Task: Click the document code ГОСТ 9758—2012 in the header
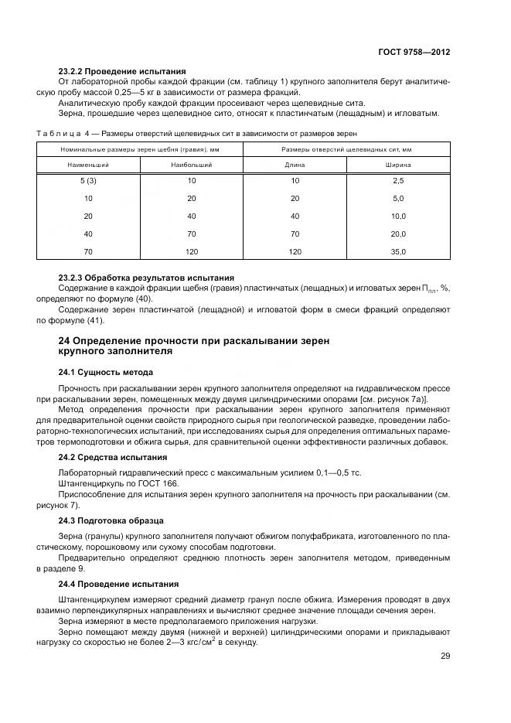click(414, 52)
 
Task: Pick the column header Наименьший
click(88, 165)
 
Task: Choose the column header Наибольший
click(192, 165)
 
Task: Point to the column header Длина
click(295, 165)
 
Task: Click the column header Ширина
click(397, 165)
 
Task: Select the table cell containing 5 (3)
click(88, 180)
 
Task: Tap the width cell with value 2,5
click(397, 180)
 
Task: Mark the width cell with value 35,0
click(397, 252)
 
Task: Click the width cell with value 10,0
click(397, 216)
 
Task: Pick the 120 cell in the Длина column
click(295, 252)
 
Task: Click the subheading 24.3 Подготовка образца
click(111, 520)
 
